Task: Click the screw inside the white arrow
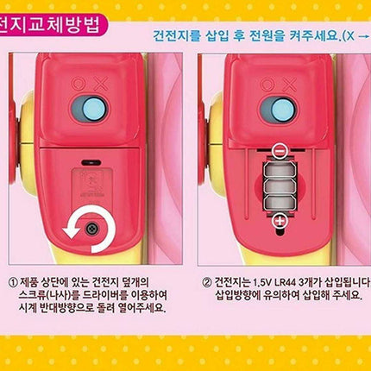point(91,228)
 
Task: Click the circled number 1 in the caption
point(13,280)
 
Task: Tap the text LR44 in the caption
point(291,280)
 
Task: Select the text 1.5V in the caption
point(265,280)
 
